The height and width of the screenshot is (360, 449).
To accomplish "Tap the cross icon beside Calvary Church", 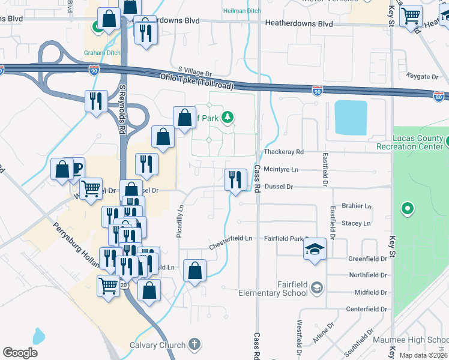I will point(193,344).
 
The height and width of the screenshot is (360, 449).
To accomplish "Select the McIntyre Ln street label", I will point(281,170).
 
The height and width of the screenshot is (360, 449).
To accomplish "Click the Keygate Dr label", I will point(422,77).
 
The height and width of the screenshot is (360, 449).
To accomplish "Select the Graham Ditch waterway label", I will point(102,53).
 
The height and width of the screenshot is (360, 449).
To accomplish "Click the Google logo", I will point(20,352).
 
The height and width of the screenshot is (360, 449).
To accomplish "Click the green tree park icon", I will point(228,117).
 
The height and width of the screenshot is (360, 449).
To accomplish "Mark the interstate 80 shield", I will point(439,96).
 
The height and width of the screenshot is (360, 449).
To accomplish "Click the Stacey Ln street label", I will point(356,223).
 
